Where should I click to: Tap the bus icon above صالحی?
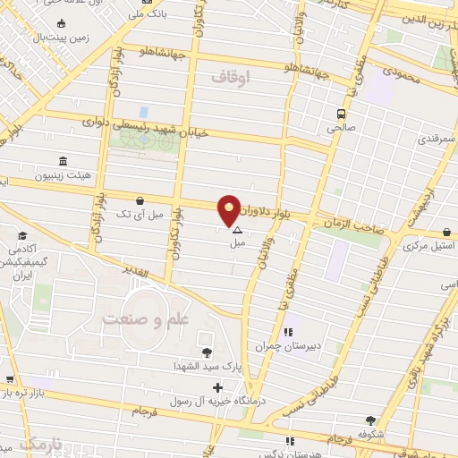340,114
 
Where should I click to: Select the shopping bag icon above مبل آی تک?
139,201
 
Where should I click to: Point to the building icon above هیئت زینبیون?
63,161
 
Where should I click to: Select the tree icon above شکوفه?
370,420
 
